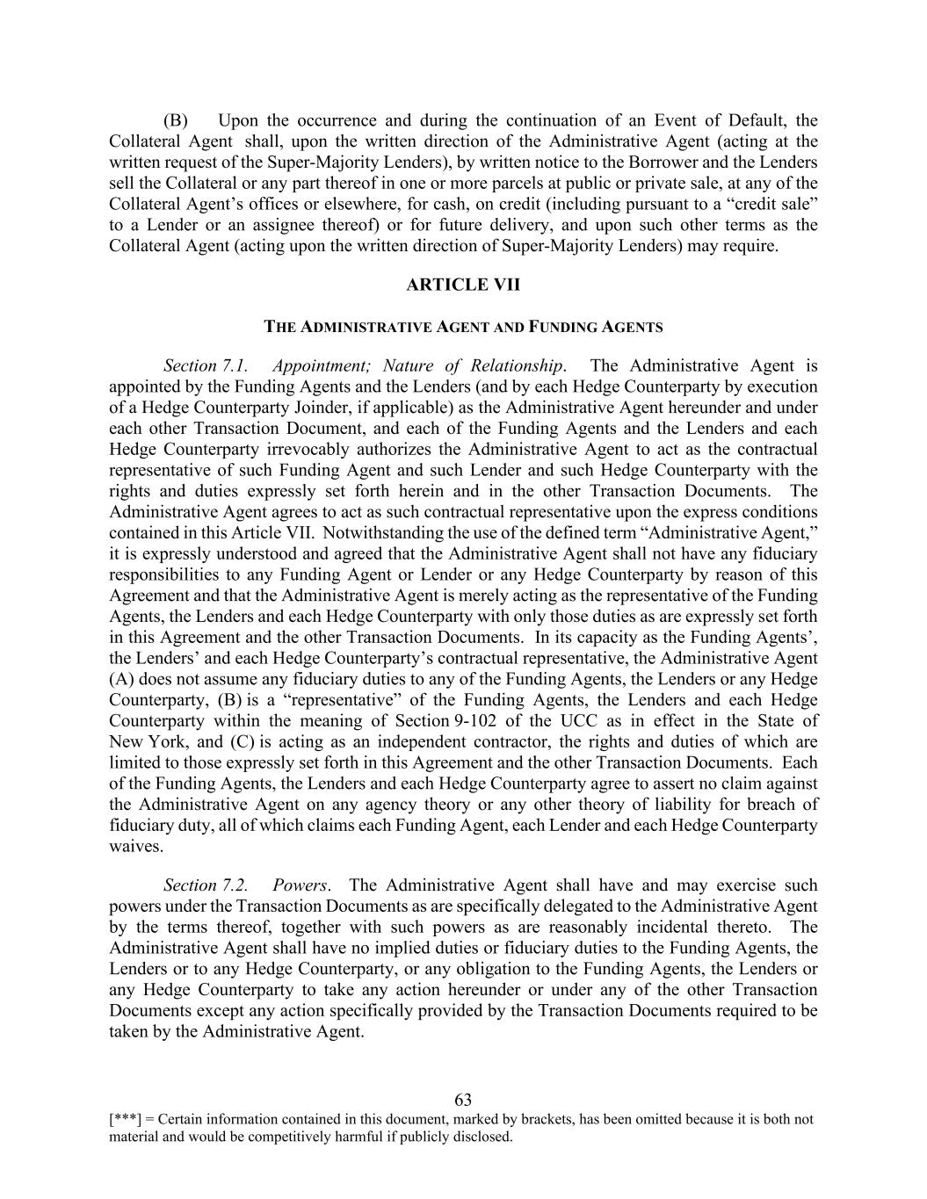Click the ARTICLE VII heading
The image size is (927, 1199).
pyautogui.click(x=463, y=285)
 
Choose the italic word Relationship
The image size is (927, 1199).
pyautogui.click(x=517, y=365)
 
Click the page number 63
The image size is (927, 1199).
pyautogui.click(x=463, y=1100)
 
